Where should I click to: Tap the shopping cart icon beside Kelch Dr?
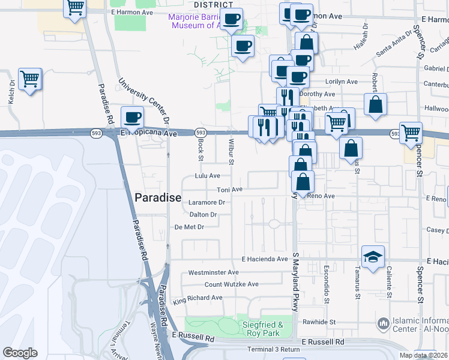pos(29,78)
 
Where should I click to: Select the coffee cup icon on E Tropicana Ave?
pos(133,116)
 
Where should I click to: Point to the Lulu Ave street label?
pos(207,176)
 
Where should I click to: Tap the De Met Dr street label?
pos(190,227)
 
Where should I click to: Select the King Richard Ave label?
pos(197,298)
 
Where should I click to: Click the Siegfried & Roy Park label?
pos(261,329)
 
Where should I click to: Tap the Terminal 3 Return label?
pos(273,349)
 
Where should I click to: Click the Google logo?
pos(20,353)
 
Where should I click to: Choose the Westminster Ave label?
pos(214,272)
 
